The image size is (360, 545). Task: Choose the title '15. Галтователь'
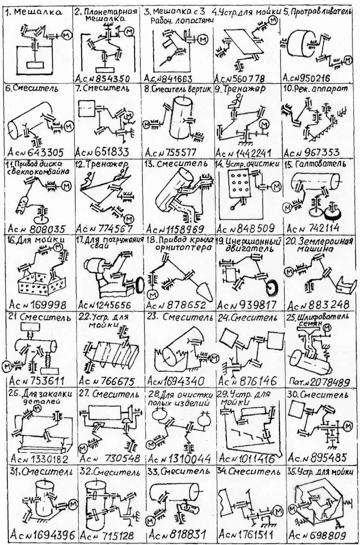317,164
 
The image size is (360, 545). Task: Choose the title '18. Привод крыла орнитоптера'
180,245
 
